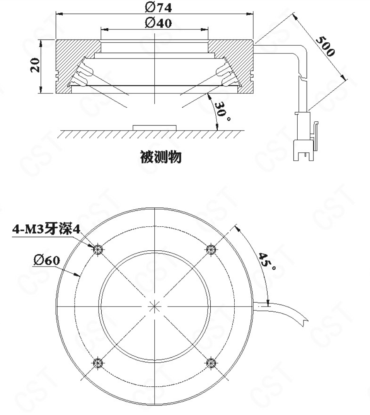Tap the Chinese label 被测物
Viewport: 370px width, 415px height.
[x=160, y=158]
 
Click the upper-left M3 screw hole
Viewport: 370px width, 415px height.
[x=97, y=249]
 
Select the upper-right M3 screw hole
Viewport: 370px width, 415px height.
[x=211, y=249]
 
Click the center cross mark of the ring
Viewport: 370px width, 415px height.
[x=154, y=306]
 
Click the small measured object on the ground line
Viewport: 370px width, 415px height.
[x=155, y=127]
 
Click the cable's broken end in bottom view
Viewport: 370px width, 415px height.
[x=305, y=320]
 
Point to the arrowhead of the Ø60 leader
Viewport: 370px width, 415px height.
[x=79, y=276]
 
